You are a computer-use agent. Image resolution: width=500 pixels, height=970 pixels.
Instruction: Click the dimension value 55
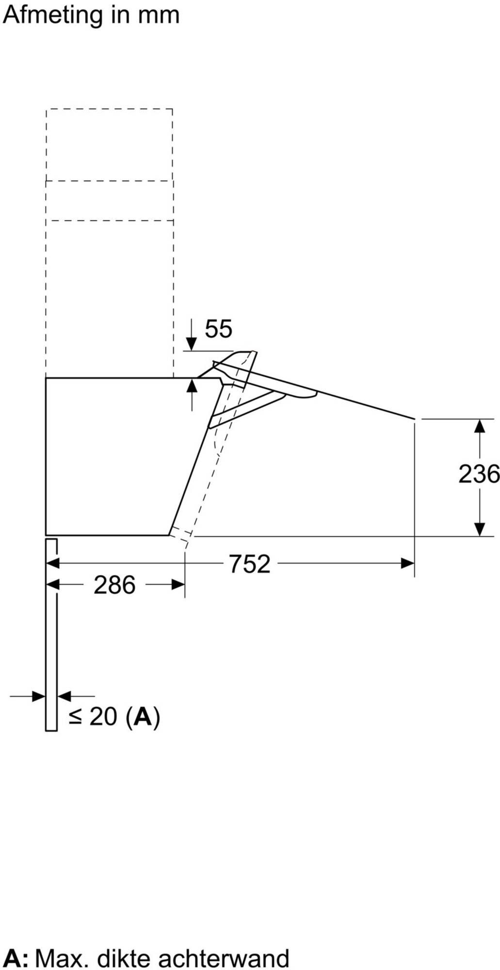pos(218,329)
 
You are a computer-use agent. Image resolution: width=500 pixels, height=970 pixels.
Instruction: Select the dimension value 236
pos(479,474)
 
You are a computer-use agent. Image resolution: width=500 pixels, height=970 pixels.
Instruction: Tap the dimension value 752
pos(249,564)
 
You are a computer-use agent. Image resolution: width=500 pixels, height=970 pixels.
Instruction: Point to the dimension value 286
pos(114,585)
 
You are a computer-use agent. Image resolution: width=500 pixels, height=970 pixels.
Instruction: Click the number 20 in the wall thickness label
pos(103,716)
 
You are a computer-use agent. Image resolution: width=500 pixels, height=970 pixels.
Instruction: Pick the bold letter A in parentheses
pos(143,716)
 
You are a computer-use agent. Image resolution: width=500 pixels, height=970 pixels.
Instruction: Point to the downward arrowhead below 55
pos(192,344)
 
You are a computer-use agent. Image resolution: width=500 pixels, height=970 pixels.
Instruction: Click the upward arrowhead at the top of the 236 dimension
pos(480,425)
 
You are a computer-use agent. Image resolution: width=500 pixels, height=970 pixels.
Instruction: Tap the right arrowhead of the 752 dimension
pos(408,564)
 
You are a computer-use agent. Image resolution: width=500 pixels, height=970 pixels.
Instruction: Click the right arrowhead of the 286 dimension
pos(178,584)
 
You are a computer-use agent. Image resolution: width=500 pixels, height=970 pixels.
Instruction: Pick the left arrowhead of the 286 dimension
pos(52,584)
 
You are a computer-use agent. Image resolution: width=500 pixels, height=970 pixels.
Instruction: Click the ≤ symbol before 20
pos(75,717)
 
